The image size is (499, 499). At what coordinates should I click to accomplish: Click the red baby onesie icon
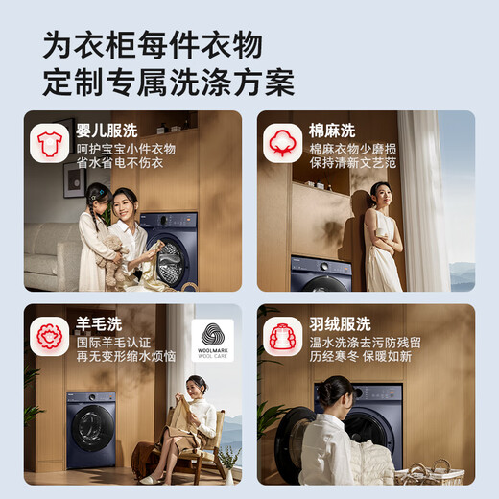click(x=50, y=144)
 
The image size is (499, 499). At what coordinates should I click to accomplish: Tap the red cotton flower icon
click(x=282, y=143)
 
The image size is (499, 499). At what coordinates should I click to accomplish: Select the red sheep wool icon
click(x=50, y=336)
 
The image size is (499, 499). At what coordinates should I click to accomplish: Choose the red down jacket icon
click(x=282, y=336)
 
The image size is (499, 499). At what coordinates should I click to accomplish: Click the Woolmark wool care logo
click(x=213, y=341)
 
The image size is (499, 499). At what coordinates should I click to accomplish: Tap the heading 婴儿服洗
click(x=107, y=131)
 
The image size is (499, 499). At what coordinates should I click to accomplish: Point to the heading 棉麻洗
click(x=332, y=131)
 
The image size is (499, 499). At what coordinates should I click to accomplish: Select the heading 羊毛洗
click(x=99, y=324)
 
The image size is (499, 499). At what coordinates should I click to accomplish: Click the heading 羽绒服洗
click(x=340, y=324)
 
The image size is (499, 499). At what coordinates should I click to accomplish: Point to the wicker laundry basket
click(x=429, y=472)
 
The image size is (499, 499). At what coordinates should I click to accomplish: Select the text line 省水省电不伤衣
click(x=120, y=163)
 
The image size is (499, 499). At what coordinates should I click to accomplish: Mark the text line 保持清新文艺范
click(x=352, y=163)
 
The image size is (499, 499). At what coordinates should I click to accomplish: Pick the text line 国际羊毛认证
click(x=113, y=343)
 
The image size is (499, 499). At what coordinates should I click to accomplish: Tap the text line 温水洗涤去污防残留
click(x=365, y=343)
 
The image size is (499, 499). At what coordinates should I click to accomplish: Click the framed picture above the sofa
click(x=75, y=179)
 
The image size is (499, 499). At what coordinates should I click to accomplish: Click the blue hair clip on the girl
click(x=101, y=193)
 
